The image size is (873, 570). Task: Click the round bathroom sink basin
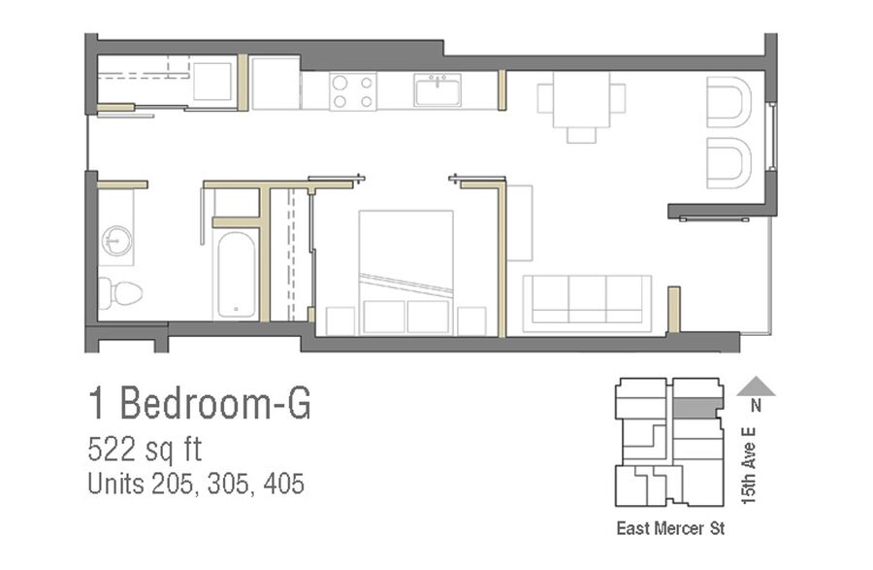(x=117, y=241)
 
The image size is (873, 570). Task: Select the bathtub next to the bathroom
(x=236, y=275)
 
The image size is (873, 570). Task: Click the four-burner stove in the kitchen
(x=353, y=91)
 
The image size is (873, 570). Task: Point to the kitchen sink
(x=437, y=90)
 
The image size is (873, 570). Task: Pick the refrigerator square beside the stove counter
(x=276, y=83)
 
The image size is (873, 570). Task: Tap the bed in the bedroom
(x=405, y=273)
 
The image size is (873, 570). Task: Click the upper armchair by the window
(x=728, y=102)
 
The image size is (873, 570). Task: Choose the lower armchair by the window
(x=728, y=163)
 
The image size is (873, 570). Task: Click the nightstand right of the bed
(x=471, y=321)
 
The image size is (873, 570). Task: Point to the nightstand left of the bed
(x=340, y=321)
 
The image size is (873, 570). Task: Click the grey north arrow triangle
(x=756, y=386)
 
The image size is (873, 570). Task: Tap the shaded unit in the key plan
(x=697, y=409)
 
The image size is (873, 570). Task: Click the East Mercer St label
(x=670, y=528)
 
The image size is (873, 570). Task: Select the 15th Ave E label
(x=749, y=466)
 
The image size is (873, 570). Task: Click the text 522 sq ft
(x=145, y=449)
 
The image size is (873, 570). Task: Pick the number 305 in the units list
(x=228, y=484)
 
